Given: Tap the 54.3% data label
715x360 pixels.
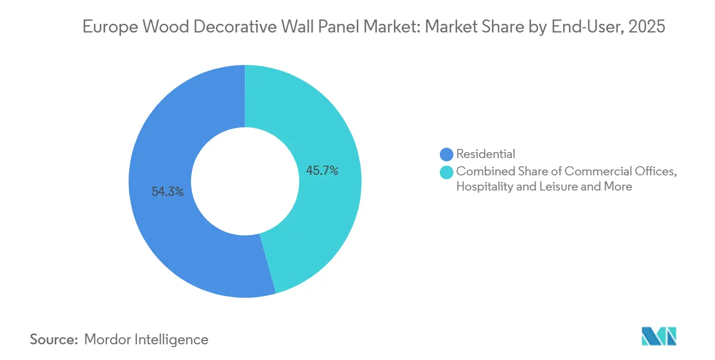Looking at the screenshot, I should (167, 191).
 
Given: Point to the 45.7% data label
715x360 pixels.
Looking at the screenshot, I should (322, 171).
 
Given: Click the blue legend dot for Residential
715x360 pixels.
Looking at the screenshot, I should (447, 154).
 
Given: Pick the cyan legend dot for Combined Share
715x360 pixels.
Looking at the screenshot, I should (447, 172).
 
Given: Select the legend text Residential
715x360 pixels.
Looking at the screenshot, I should (486, 154).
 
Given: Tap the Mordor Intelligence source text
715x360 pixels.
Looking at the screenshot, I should (146, 339).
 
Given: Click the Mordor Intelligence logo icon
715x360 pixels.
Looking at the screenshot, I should (659, 336).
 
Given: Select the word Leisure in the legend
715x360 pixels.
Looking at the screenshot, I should (560, 187).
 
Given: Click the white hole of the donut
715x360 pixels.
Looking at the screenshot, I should (245, 181).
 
